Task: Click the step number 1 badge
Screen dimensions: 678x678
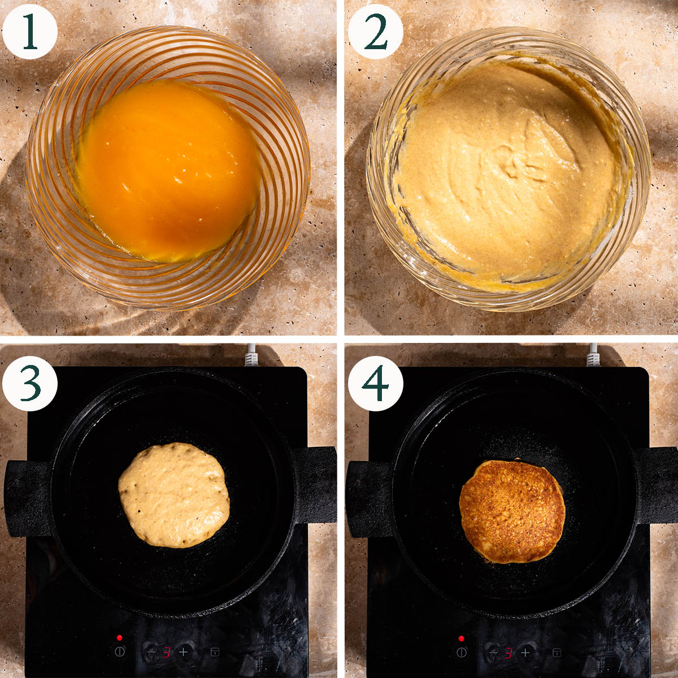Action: point(30,32)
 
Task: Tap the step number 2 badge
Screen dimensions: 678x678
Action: point(375,32)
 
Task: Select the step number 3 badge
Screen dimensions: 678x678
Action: point(30,384)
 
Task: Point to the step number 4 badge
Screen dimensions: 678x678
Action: point(375,384)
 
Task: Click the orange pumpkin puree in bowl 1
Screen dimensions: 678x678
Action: point(169,171)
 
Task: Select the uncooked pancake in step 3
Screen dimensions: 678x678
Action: point(174,496)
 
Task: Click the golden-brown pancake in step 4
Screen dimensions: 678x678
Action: point(512,510)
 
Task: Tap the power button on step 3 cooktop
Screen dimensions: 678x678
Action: point(120,651)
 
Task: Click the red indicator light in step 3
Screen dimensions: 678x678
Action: point(120,637)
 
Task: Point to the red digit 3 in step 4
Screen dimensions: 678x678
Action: point(508,653)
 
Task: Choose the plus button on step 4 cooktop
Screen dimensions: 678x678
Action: point(525,653)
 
